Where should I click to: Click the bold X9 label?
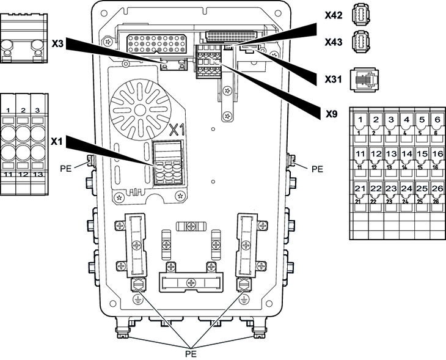pyautogui.click(x=331, y=114)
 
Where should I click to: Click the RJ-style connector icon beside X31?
pyautogui.click(x=362, y=80)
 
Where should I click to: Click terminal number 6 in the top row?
pyautogui.click(x=436, y=119)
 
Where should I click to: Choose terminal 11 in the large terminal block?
pyautogui.click(x=360, y=154)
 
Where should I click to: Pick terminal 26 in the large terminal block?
pyautogui.click(x=436, y=188)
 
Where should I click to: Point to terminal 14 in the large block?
pyautogui.click(x=406, y=154)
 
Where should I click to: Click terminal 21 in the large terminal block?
pyautogui.click(x=360, y=188)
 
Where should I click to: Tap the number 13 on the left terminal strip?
pyautogui.click(x=38, y=175)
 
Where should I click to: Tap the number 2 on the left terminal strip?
pyautogui.click(x=23, y=110)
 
